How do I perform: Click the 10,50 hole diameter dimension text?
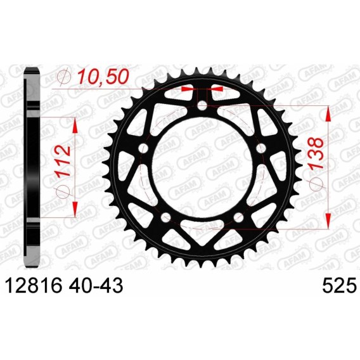(x=103, y=77)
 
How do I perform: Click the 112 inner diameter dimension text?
(x=63, y=160)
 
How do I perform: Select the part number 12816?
(x=34, y=286)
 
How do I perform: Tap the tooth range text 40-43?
(x=96, y=286)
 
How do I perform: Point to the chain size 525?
(x=340, y=286)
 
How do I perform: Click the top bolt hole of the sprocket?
(x=202, y=106)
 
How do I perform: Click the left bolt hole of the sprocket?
(x=143, y=148)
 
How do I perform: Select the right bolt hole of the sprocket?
(x=260, y=148)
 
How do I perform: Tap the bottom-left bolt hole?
(x=166, y=217)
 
